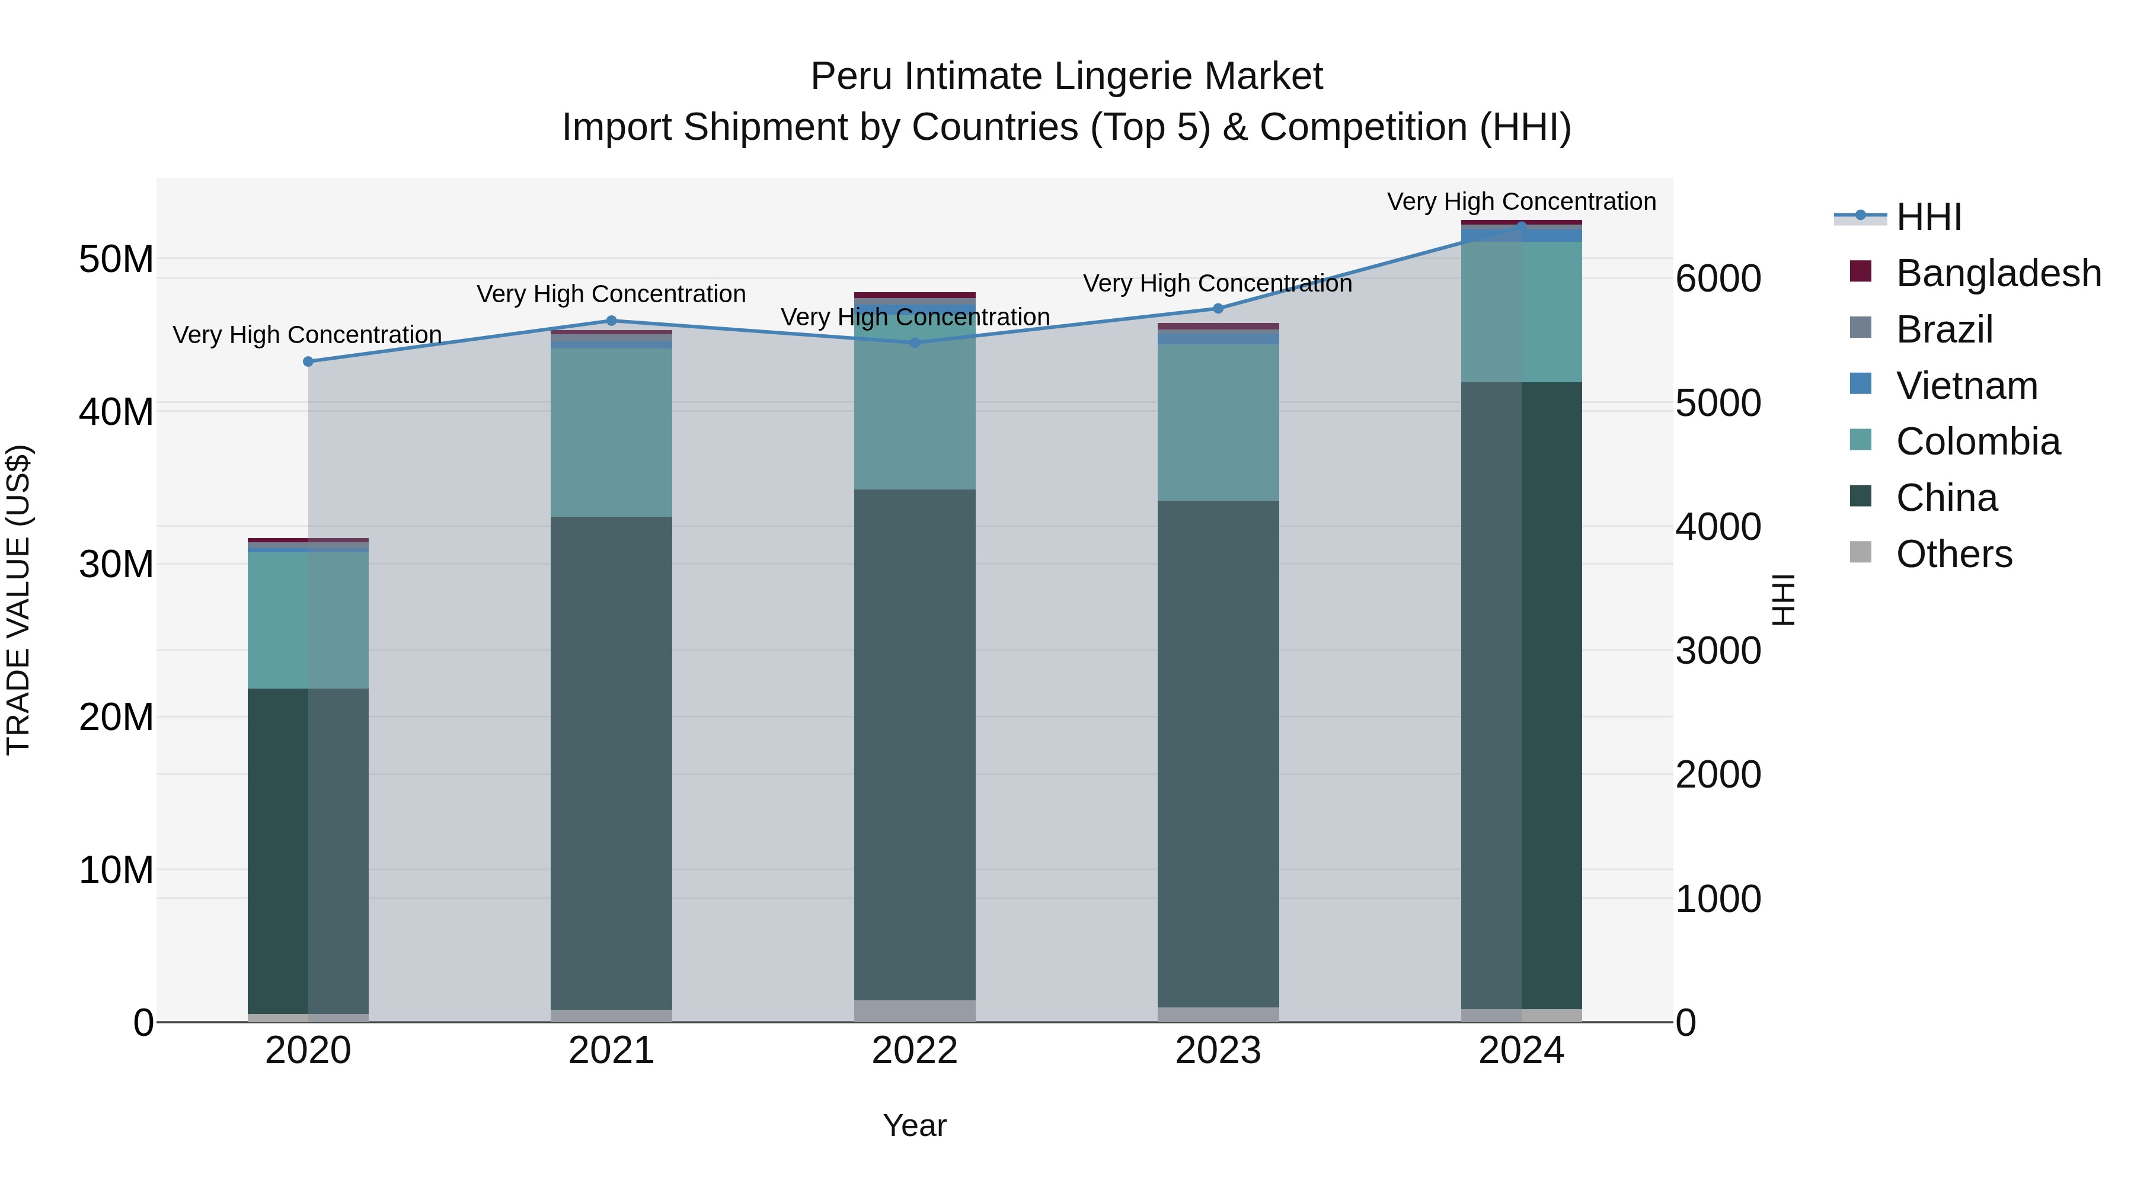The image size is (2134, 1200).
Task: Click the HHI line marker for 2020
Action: [x=308, y=361]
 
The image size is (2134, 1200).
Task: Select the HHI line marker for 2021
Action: [x=611, y=321]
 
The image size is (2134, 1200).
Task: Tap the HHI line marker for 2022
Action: [x=915, y=342]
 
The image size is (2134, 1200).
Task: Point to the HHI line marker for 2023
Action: [x=1218, y=308]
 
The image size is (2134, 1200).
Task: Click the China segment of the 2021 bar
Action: [x=611, y=762]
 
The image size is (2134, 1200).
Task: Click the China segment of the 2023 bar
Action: [x=1218, y=754]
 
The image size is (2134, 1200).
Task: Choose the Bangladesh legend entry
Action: [x=1997, y=273]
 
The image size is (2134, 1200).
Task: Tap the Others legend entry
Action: [x=1953, y=554]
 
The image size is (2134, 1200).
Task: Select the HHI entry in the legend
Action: [x=1928, y=217]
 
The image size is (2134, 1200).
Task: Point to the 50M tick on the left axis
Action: [x=116, y=259]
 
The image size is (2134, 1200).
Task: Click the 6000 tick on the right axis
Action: [x=1718, y=279]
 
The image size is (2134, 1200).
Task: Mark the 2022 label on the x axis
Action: [x=915, y=1051]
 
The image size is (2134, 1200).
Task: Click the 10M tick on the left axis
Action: [x=116, y=869]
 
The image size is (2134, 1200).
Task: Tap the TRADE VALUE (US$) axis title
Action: [x=19, y=600]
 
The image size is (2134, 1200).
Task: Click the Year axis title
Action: [x=915, y=1125]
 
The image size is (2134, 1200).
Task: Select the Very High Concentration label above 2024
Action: [x=1521, y=201]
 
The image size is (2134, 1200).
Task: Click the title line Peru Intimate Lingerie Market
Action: [x=1066, y=76]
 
